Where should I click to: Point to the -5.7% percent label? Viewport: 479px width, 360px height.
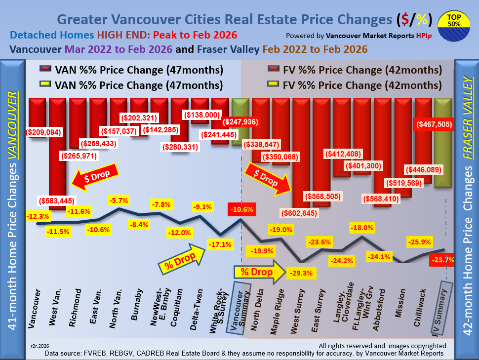coord(119,200)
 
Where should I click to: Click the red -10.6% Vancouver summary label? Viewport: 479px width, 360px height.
coord(240,209)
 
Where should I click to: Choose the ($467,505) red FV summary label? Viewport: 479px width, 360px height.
coord(431,125)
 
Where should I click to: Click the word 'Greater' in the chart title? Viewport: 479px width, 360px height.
coord(82,20)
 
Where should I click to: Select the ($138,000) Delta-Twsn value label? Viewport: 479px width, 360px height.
coord(201,115)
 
